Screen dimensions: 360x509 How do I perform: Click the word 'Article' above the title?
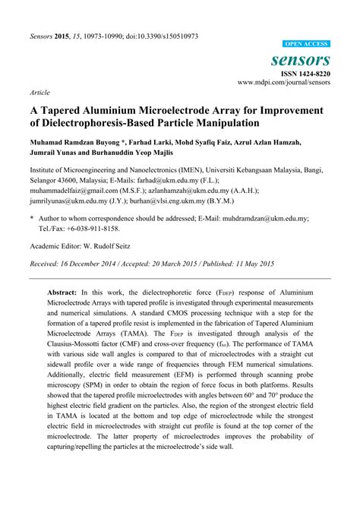(x=39, y=91)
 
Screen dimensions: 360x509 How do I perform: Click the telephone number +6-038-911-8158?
(x=93, y=227)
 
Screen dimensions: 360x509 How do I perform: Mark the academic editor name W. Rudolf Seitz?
(x=111, y=246)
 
